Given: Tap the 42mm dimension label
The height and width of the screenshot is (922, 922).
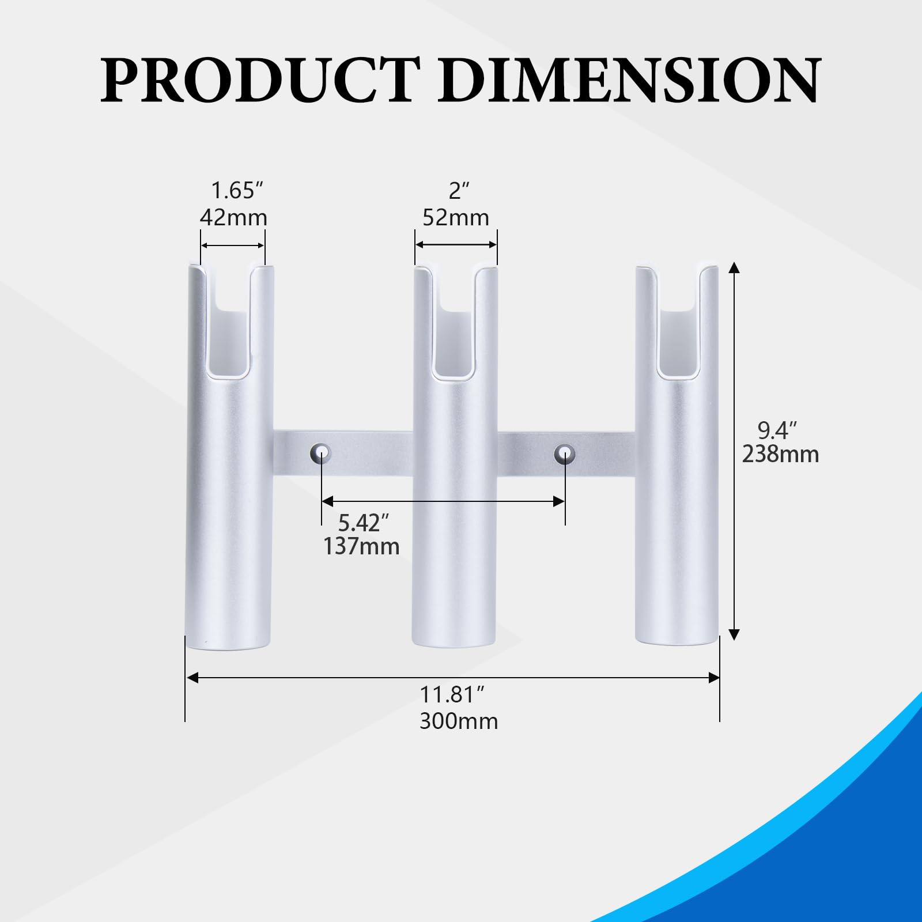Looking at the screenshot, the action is (233, 217).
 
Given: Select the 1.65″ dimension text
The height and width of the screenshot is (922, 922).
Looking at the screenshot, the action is (237, 190).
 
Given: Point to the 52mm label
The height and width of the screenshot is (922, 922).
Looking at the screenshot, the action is (456, 217).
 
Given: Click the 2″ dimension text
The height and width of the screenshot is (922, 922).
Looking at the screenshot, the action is (459, 190).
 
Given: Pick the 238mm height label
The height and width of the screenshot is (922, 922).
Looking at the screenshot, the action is (780, 454).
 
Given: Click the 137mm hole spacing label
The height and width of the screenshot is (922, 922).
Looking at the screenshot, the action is (361, 546).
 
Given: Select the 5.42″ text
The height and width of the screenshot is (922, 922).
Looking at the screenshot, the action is (364, 523).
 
